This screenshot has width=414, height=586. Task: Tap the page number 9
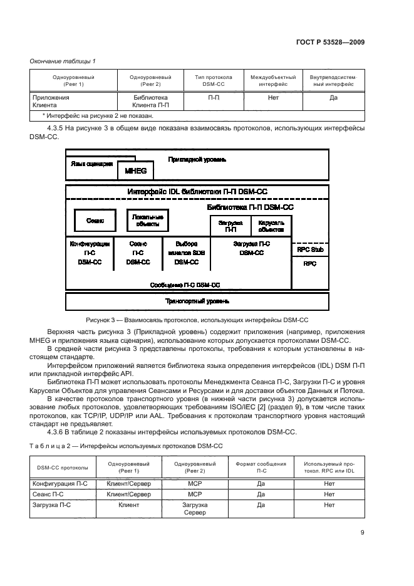[363, 533]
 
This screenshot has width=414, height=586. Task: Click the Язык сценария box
[91, 164]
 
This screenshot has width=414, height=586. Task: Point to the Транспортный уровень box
[197, 301]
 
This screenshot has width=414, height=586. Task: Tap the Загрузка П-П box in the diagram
[230, 226]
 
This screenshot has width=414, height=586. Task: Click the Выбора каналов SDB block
[186, 253]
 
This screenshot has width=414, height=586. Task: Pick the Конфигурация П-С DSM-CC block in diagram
[90, 253]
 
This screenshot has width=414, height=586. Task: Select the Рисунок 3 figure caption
[197, 320]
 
